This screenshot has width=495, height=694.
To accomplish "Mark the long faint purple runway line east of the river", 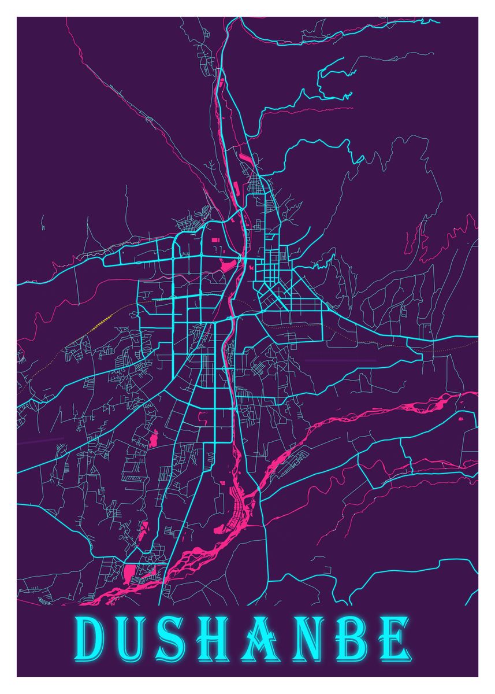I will click(340, 360).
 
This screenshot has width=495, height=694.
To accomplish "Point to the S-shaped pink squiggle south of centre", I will click(202, 414).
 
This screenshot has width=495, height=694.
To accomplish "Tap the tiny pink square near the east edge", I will click(460, 418).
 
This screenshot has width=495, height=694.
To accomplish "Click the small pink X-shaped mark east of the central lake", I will click(251, 267).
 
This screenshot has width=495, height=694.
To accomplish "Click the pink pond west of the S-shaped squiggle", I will click(154, 438).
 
